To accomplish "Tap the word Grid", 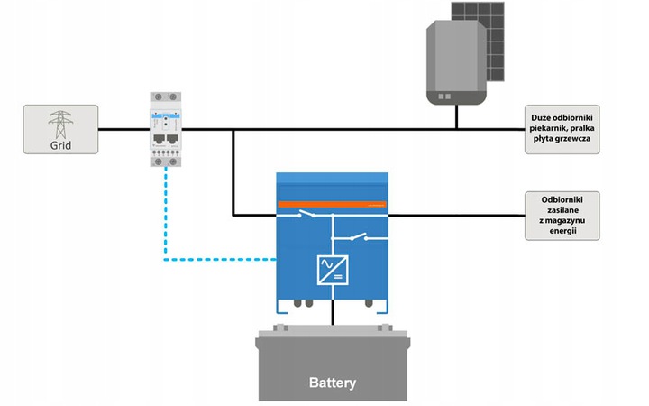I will point(60,143).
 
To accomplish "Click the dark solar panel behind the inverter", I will point(494,36).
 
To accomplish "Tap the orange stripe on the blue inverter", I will point(334,204).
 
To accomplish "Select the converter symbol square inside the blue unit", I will point(333,270).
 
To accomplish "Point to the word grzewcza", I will point(577,140).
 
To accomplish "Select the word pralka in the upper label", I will point(584,129).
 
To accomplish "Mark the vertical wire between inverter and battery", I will point(333,312).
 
